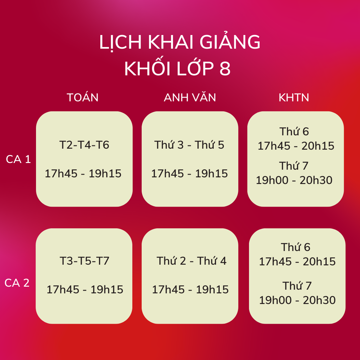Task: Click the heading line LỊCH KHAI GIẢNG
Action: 180,42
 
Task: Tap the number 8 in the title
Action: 225,68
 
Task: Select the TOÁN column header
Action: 83,97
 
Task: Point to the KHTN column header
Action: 294,98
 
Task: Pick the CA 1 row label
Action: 18,159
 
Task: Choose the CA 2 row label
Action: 17,283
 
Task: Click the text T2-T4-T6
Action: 84,145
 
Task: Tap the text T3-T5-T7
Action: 84,261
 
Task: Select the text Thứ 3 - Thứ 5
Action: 189,145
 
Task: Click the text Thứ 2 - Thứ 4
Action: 191,261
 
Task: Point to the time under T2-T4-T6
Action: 83,174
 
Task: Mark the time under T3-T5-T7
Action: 85,290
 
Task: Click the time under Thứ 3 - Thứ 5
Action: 189,174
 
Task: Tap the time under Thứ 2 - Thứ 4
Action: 190,290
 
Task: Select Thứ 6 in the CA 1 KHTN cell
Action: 294,131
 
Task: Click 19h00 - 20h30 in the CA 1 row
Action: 294,180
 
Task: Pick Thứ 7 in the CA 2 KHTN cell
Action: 297,286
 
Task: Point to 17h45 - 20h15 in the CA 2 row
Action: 297,262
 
